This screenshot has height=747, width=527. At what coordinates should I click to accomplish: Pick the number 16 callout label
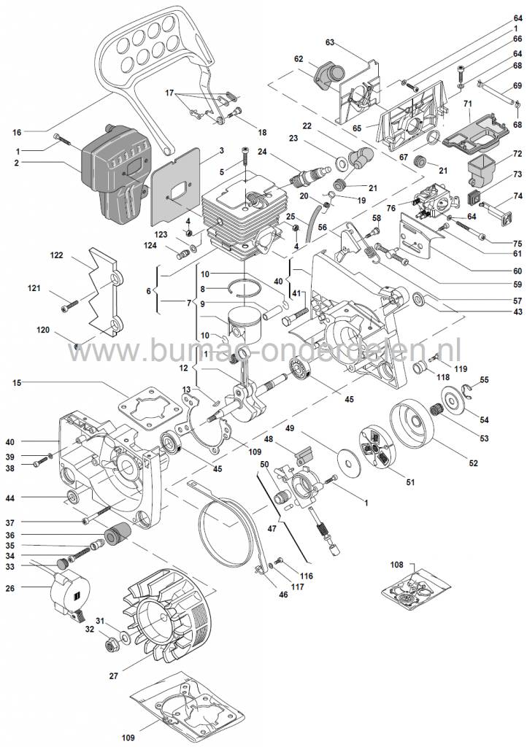click(x=17, y=132)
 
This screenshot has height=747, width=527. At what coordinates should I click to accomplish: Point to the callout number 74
click(x=517, y=196)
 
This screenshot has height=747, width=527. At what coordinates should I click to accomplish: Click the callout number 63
click(x=329, y=44)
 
